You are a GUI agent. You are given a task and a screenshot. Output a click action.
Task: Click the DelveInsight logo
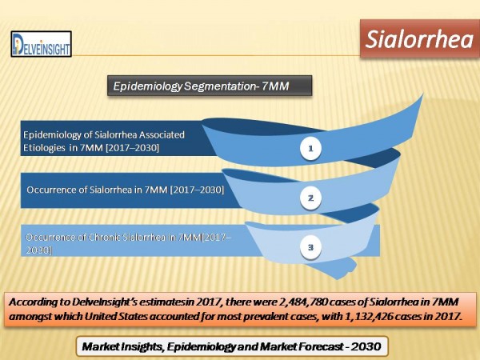click(42, 44)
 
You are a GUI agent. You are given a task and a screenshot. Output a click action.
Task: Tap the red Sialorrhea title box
click(420, 39)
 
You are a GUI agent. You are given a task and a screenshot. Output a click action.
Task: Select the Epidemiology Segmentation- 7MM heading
click(210, 86)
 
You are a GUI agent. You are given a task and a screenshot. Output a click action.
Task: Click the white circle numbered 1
click(310, 149)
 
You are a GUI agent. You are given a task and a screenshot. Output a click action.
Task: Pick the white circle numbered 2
click(310, 198)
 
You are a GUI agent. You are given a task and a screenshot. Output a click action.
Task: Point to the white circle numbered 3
click(310, 247)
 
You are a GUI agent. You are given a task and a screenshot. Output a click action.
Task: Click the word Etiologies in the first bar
click(44, 148)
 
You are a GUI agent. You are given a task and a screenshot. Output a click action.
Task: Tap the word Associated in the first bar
click(161, 134)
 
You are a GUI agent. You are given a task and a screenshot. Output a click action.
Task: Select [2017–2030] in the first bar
click(132, 148)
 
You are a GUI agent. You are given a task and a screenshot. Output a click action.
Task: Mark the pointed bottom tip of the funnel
click(338, 279)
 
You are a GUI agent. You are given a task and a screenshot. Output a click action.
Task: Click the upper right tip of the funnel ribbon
click(422, 95)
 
